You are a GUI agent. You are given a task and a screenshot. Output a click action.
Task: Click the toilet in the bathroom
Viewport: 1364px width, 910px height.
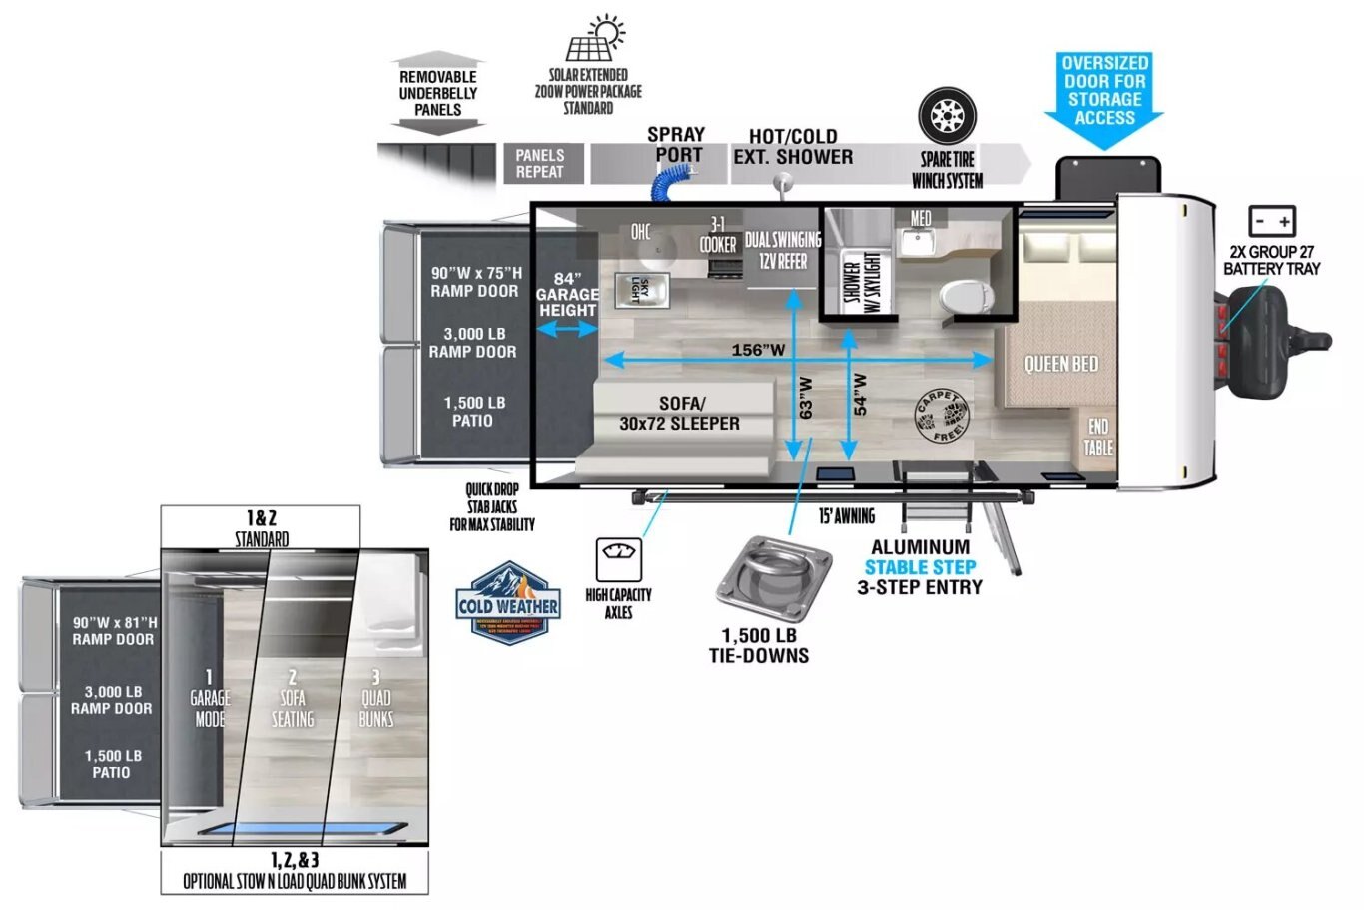pyautogui.click(x=965, y=294)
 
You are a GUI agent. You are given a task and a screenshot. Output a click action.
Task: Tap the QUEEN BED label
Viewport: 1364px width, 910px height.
pyautogui.click(x=1060, y=364)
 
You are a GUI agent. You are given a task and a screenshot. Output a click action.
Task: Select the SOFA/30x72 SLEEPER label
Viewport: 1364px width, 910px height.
pyautogui.click(x=680, y=414)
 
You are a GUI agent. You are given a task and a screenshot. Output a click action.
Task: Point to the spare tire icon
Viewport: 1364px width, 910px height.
pyautogui.click(x=947, y=116)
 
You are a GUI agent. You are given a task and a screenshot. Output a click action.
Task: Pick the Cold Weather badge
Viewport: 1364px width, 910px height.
pyautogui.click(x=508, y=603)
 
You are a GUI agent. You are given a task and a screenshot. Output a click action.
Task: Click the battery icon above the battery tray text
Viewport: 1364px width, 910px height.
pyautogui.click(x=1272, y=222)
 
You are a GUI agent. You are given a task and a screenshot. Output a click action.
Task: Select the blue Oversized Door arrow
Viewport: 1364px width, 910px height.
pyautogui.click(x=1104, y=100)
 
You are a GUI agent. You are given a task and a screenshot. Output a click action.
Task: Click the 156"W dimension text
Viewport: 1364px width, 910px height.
pyautogui.click(x=758, y=350)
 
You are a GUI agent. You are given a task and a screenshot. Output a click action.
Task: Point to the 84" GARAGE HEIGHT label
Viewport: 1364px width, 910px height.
pyautogui.click(x=567, y=295)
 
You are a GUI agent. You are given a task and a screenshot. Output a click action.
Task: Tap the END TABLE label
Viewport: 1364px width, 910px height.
pyautogui.click(x=1098, y=437)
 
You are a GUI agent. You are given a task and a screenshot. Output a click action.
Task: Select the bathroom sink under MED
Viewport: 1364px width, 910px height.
pyautogui.click(x=917, y=241)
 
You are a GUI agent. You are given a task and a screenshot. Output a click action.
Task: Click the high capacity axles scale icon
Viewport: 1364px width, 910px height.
pyautogui.click(x=618, y=558)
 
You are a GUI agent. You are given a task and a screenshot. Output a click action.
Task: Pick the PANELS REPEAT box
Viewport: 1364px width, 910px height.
pyautogui.click(x=540, y=163)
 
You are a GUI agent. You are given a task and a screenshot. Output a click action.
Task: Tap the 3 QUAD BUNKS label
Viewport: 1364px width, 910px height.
pyautogui.click(x=375, y=699)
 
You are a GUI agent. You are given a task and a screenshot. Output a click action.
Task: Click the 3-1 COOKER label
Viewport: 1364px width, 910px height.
pyautogui.click(x=718, y=235)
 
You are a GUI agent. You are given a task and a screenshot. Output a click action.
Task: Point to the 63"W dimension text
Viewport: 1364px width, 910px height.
pyautogui.click(x=806, y=397)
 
